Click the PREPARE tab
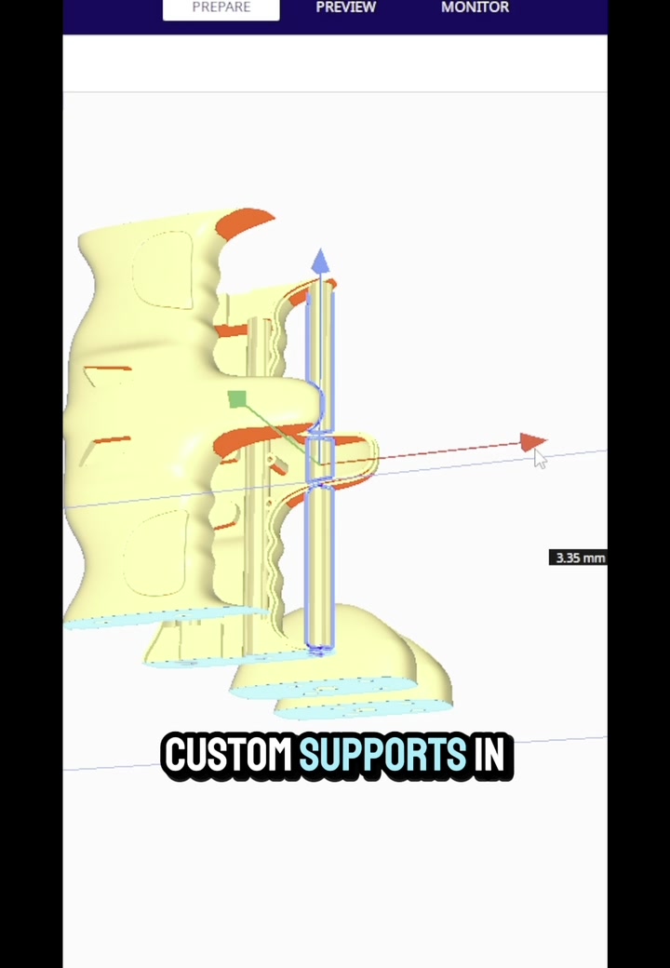pyautogui.click(x=221, y=8)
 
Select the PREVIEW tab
pyautogui.click(x=345, y=8)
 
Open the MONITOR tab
pyautogui.click(x=475, y=8)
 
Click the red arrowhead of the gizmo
pyautogui.click(x=532, y=442)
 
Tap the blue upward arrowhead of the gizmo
pyautogui.click(x=320, y=262)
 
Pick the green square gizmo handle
pyautogui.click(x=237, y=399)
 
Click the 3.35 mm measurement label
pyautogui.click(x=579, y=558)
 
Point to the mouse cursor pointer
pyautogui.click(x=540, y=458)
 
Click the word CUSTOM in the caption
pyautogui.click(x=227, y=755)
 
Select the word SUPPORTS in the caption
pyautogui.click(x=382, y=755)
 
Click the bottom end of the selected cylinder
pyautogui.click(x=319, y=643)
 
